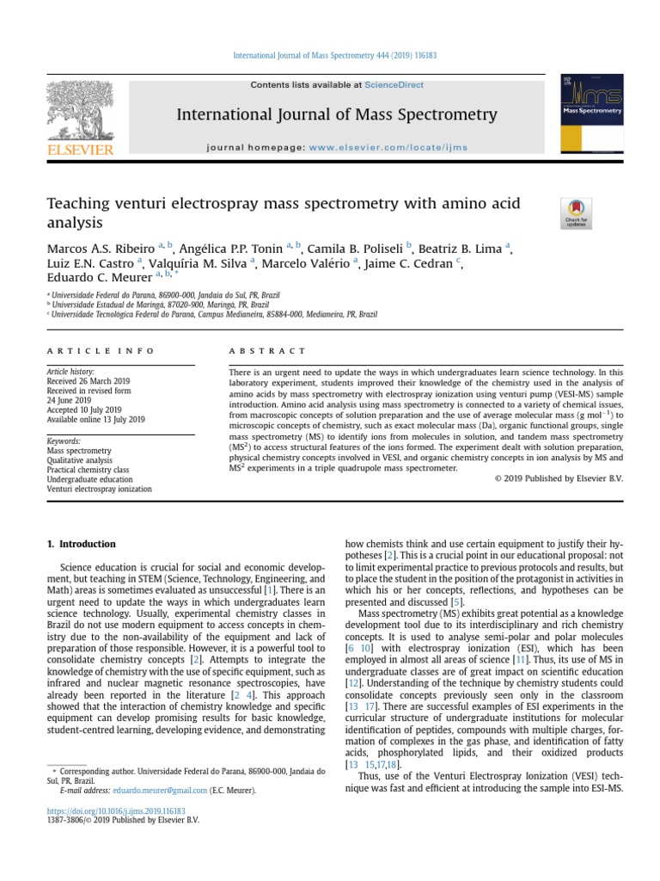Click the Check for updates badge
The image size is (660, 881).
575,212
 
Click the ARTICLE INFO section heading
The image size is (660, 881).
101,351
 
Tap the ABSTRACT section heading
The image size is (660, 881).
267,351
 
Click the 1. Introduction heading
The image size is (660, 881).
81,544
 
